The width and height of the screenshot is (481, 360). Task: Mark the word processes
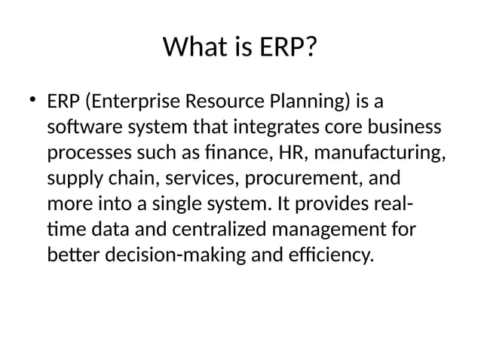pyautogui.click(x=86, y=154)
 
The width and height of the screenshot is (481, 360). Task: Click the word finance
pyautogui.click(x=233, y=154)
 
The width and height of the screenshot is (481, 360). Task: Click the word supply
pyautogui.click(x=72, y=180)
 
